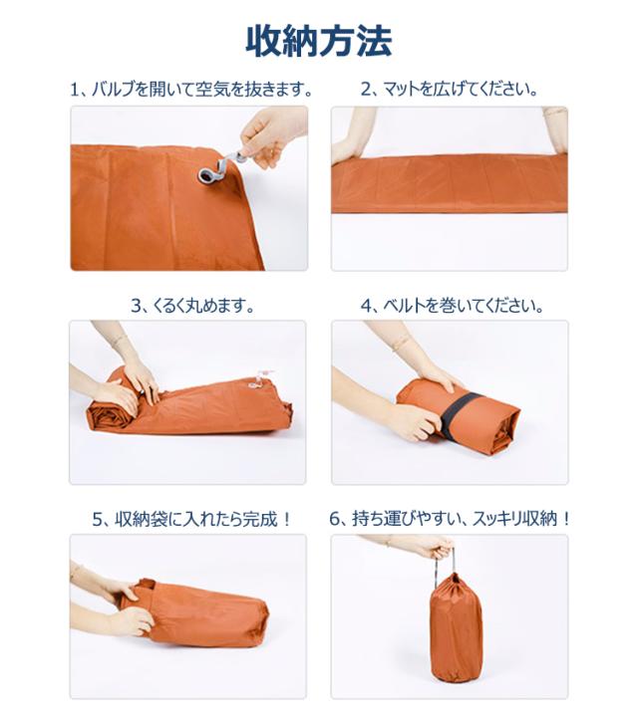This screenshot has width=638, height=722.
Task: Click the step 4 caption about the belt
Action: [452, 306]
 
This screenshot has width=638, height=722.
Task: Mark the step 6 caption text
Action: [450, 519]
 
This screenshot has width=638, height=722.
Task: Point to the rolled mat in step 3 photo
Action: [199, 403]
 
